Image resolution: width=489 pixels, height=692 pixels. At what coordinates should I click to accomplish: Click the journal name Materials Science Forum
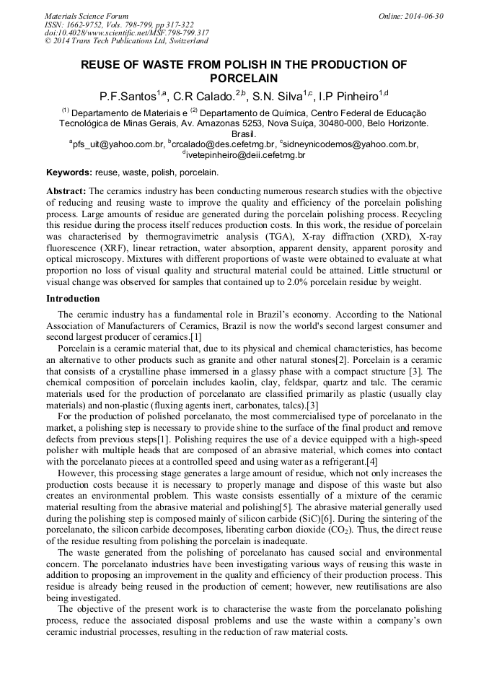coord(86,16)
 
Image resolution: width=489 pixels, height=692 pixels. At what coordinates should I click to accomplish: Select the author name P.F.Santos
coord(130,96)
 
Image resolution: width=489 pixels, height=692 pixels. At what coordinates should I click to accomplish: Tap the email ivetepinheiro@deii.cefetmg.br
coord(244,154)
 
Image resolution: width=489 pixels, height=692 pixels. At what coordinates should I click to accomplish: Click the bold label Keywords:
coord(69,173)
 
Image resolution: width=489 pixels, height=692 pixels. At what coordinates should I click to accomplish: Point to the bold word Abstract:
coord(66,191)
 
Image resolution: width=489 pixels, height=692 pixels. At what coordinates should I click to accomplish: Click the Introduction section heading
coord(73,298)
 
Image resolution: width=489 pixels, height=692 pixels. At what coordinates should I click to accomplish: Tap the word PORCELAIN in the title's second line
coord(244,78)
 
